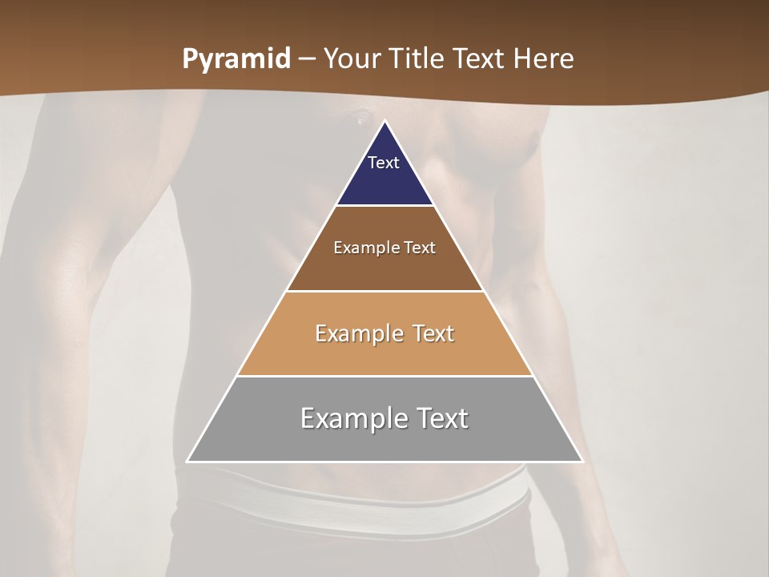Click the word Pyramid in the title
click(236, 59)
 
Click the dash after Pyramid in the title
click(306, 59)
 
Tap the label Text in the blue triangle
click(384, 163)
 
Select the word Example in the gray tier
click(351, 418)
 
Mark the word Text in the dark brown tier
click(420, 248)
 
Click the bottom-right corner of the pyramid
click(582, 461)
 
